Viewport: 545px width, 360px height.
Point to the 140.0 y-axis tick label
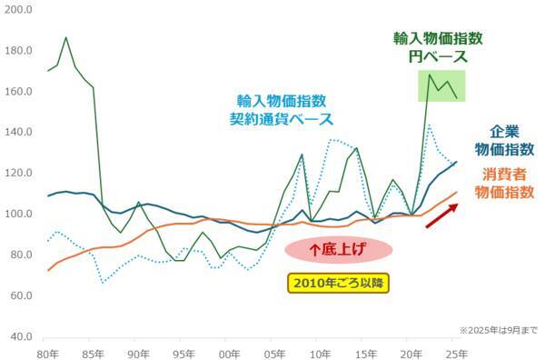(18, 132)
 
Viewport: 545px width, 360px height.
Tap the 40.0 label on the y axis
(20, 337)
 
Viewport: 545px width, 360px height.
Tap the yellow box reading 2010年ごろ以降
(338, 283)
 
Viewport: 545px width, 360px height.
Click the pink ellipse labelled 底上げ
(338, 247)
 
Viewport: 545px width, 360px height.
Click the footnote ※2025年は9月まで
(497, 329)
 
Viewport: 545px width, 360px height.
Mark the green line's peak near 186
(66, 38)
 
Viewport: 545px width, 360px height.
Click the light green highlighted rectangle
(441, 85)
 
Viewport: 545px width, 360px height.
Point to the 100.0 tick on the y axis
(18, 214)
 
